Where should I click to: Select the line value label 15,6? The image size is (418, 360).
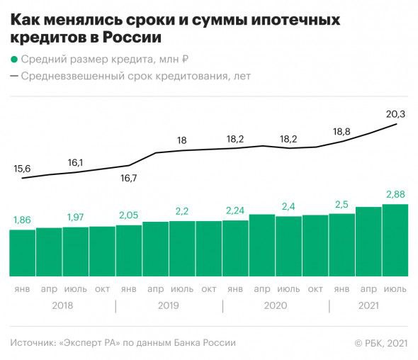22,169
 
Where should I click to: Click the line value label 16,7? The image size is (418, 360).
128,178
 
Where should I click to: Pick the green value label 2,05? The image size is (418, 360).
128,215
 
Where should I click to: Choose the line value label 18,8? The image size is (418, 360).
341,131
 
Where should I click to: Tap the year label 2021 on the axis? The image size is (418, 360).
368,305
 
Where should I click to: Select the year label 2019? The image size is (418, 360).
168,305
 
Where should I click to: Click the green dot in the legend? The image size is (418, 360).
14,60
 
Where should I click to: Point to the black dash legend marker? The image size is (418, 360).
14,76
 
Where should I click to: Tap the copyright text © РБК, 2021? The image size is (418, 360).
380,343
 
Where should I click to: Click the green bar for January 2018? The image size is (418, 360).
22,252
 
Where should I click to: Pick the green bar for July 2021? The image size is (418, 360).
395,241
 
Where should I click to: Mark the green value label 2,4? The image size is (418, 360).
288,206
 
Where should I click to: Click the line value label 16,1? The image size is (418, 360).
75,162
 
